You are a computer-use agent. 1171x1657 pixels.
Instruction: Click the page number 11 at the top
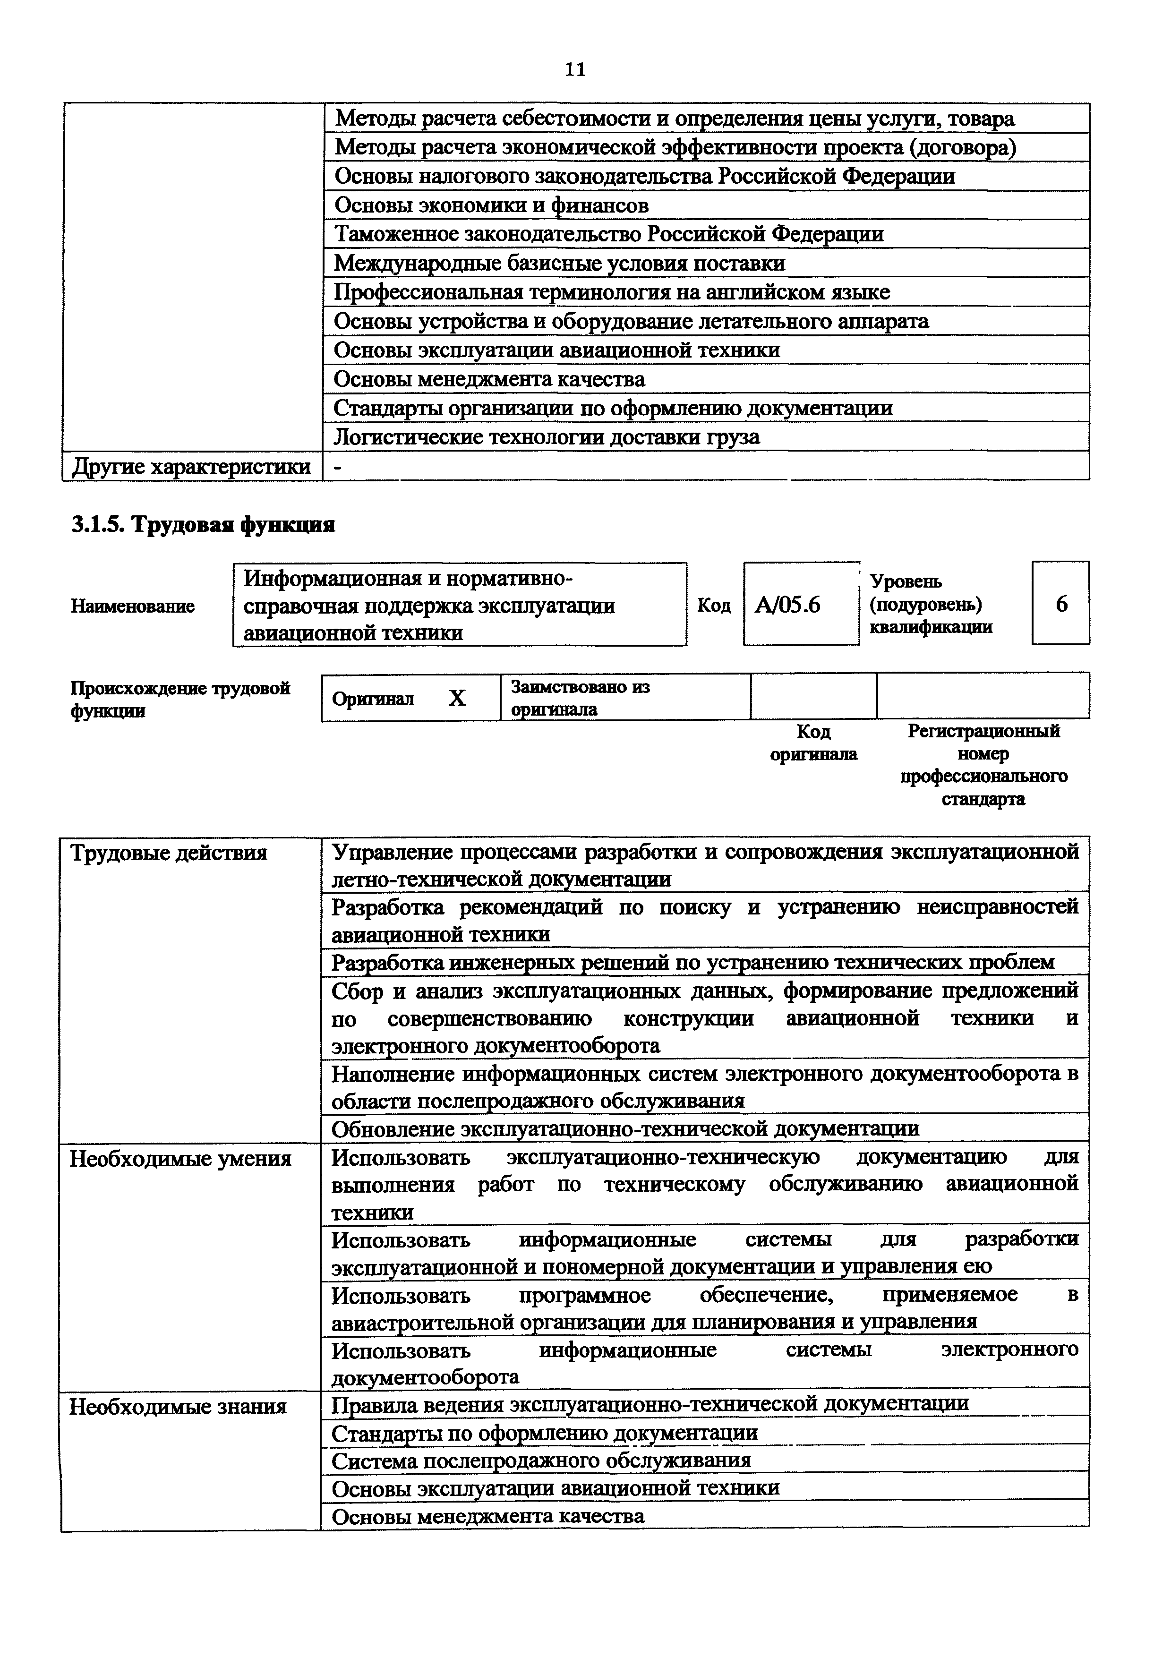575,69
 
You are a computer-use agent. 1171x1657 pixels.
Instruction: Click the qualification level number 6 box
1060,603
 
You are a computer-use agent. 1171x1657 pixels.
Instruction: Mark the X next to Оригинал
457,698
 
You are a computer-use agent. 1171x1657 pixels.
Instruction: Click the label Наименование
133,606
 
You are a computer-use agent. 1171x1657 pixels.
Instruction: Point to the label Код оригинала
813,743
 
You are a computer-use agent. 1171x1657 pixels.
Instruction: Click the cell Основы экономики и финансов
491,205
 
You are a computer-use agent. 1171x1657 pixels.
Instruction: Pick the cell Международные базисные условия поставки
559,264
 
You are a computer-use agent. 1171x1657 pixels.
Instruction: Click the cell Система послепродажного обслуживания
541,1461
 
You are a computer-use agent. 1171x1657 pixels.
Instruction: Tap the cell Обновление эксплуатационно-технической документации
625,1129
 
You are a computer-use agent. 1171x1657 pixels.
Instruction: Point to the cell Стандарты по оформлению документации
544,1433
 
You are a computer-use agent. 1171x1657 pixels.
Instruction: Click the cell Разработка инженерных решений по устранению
692,962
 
